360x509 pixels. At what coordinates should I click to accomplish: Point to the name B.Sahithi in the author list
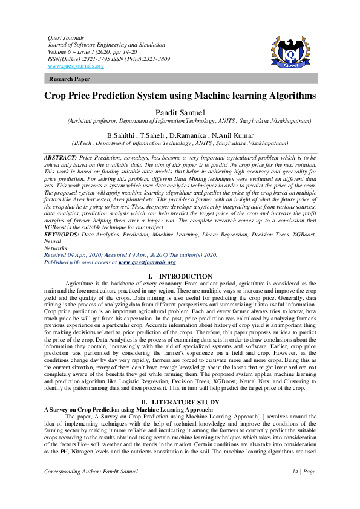(x=122, y=135)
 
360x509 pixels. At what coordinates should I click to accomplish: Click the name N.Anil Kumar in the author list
(x=233, y=135)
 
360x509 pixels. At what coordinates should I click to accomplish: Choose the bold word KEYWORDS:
(x=62, y=233)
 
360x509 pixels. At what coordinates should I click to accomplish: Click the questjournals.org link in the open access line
(x=147, y=262)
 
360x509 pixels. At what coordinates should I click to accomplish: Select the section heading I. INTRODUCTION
(x=180, y=276)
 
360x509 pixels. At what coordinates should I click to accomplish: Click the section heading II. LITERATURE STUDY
(x=180, y=401)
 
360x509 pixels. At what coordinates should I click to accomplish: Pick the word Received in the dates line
(x=59, y=255)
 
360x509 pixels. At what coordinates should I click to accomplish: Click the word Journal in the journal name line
(x=56, y=44)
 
